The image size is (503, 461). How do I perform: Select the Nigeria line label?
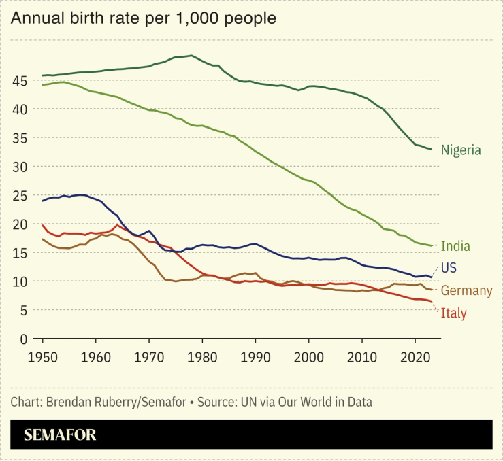[461, 150]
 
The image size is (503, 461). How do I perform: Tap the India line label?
[455, 246]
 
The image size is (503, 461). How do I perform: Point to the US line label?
[449, 268]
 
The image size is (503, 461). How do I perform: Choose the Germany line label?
[466, 291]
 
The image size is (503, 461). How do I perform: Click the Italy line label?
[453, 313]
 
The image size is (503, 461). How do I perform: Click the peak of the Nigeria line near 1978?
[191, 56]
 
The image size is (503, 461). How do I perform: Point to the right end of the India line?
[432, 245]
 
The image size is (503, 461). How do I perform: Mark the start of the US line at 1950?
[43, 201]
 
